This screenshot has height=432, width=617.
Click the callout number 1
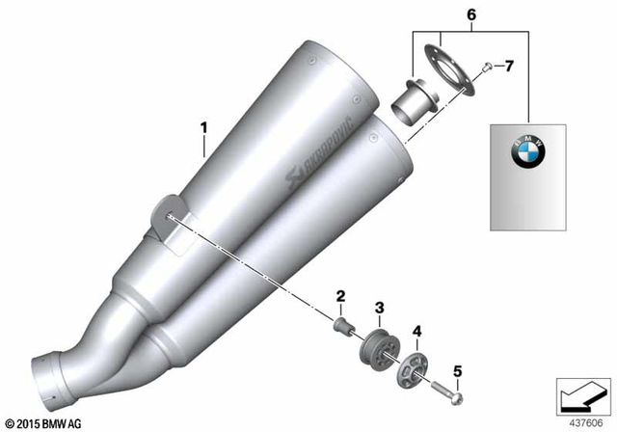click(203, 127)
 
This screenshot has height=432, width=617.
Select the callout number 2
click(340, 295)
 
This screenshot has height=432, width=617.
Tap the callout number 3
click(379, 308)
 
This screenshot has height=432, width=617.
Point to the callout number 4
click(416, 332)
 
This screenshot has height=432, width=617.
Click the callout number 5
click(457, 371)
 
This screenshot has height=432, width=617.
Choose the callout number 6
click(471, 15)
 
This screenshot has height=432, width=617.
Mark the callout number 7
click(509, 67)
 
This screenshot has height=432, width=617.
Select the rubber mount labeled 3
click(379, 346)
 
